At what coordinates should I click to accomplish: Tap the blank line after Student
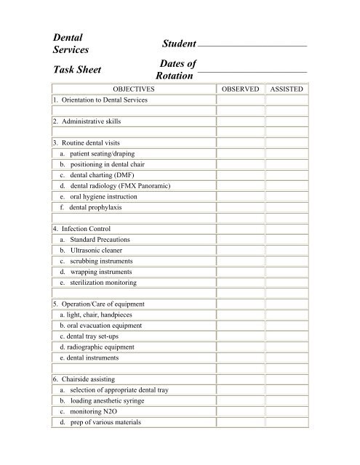[252, 46]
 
